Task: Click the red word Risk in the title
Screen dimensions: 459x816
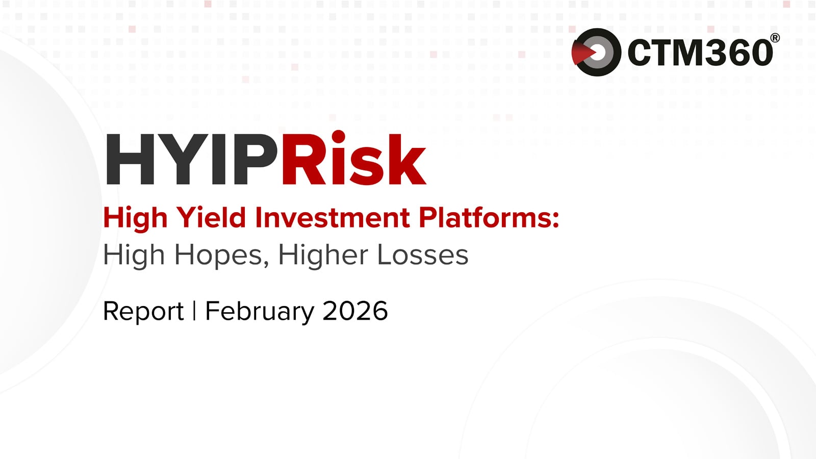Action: (353, 160)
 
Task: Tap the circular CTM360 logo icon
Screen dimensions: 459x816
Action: (596, 52)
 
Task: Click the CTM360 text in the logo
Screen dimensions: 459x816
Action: (700, 53)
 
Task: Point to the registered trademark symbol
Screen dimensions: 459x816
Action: (775, 38)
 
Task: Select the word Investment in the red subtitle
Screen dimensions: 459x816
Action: (332, 218)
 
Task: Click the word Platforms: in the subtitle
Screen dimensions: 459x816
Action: (489, 218)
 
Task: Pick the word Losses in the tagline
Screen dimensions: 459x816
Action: (422, 255)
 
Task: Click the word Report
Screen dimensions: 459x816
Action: (143, 311)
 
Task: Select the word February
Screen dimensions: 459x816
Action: (260, 311)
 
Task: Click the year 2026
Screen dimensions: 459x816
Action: (355, 311)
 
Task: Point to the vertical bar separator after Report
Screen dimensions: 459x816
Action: (194, 311)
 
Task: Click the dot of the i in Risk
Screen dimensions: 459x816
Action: (339, 138)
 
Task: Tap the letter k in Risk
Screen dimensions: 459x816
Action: (406, 160)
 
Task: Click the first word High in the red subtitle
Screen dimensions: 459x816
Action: (135, 218)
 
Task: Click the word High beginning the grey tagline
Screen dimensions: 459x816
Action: (134, 255)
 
